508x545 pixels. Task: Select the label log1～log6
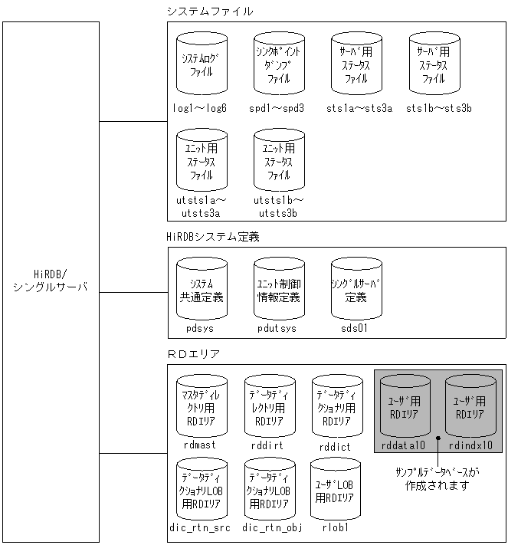(x=201, y=108)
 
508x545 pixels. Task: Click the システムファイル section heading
(x=210, y=11)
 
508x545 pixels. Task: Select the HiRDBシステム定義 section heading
(x=213, y=237)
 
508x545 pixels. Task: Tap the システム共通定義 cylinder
(x=202, y=291)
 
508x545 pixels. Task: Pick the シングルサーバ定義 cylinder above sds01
(x=357, y=291)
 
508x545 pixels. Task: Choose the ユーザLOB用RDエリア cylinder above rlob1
(x=335, y=491)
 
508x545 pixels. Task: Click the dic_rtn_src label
(x=201, y=528)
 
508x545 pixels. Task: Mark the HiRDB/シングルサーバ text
(x=51, y=281)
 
